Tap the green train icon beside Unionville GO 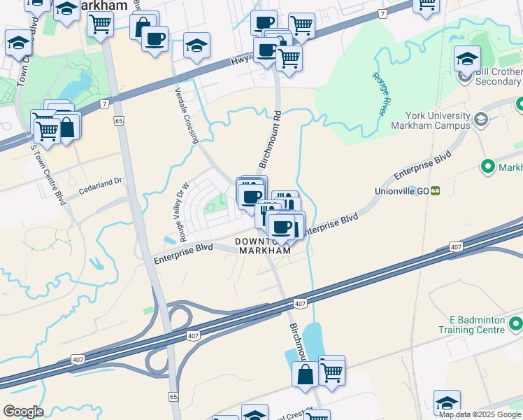(x=436, y=190)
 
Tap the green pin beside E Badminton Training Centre (x=516, y=323)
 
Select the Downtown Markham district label (x=262, y=246)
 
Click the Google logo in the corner (x=23, y=412)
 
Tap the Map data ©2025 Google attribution (x=480, y=414)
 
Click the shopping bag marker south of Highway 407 (x=306, y=373)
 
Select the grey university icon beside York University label (x=480, y=120)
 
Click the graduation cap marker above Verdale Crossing (x=197, y=45)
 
